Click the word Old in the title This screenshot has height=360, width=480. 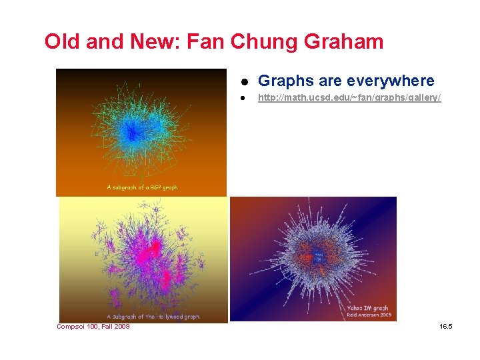61,42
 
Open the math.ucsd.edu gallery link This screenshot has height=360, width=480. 349,99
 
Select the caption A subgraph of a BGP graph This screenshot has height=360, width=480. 142,187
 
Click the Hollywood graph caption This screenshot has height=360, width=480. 153,316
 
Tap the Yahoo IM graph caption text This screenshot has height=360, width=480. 368,308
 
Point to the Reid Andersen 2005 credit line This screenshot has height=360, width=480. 368,315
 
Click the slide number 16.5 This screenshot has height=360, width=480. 446,327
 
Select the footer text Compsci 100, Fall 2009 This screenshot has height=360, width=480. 93,327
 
